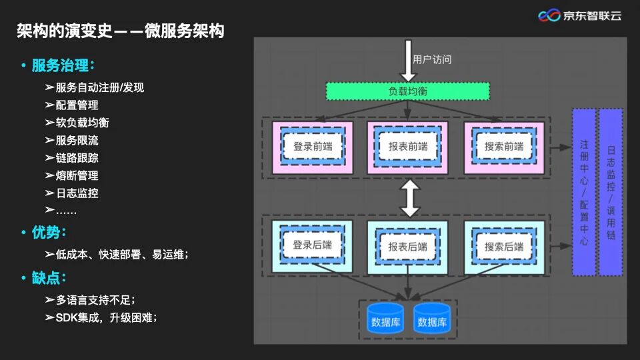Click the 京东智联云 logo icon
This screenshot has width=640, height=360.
pos(549,15)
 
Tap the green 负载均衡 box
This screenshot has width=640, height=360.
pos(407,91)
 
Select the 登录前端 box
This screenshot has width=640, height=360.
pos(312,147)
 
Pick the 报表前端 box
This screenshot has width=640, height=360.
pos(407,147)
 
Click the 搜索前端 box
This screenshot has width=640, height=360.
pos(504,147)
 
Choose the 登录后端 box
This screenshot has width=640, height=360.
pos(312,245)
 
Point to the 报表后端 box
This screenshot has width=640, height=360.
pos(407,247)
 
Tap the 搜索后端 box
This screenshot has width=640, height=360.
pos(504,247)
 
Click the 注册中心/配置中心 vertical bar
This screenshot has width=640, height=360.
pos(584,192)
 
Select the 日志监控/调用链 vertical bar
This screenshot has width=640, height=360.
pos(611,192)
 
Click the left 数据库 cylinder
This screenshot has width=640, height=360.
pos(385,320)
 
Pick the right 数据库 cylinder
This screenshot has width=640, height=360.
pos(432,320)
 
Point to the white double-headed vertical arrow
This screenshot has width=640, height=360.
pos(409,198)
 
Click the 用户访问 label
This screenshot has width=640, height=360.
pos(433,59)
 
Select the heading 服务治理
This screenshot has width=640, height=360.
pos(63,66)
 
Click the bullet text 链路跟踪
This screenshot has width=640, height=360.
pos(77,158)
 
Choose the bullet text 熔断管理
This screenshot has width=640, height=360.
pos(77,175)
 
